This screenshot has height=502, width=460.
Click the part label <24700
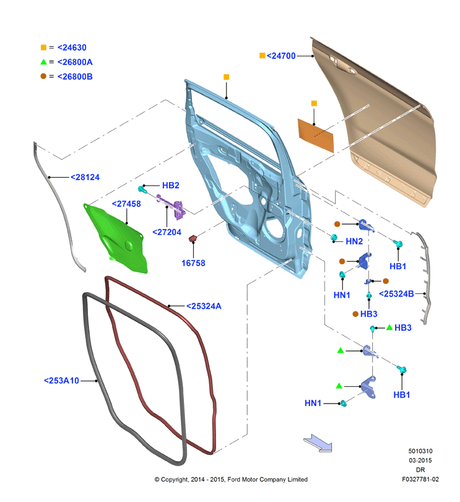tap(281, 56)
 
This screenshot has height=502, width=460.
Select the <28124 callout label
tap(85, 177)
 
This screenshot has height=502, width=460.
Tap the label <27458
tap(126, 204)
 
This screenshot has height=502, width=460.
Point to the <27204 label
tap(167, 232)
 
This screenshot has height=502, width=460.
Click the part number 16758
tap(193, 263)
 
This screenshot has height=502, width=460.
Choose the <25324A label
tap(204, 306)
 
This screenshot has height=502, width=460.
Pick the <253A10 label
tap(61, 381)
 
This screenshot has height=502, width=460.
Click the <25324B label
tap(396, 293)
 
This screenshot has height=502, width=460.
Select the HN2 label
tap(354, 241)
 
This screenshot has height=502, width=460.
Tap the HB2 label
tap(171, 185)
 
